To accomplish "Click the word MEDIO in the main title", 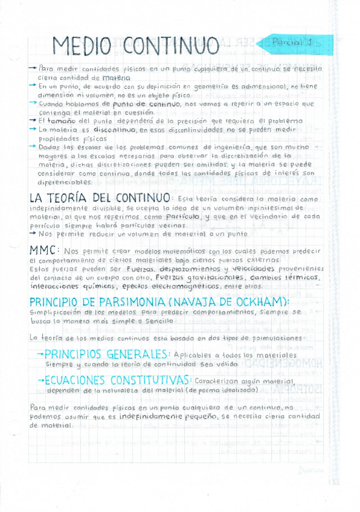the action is pyautogui.click(x=82, y=46).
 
